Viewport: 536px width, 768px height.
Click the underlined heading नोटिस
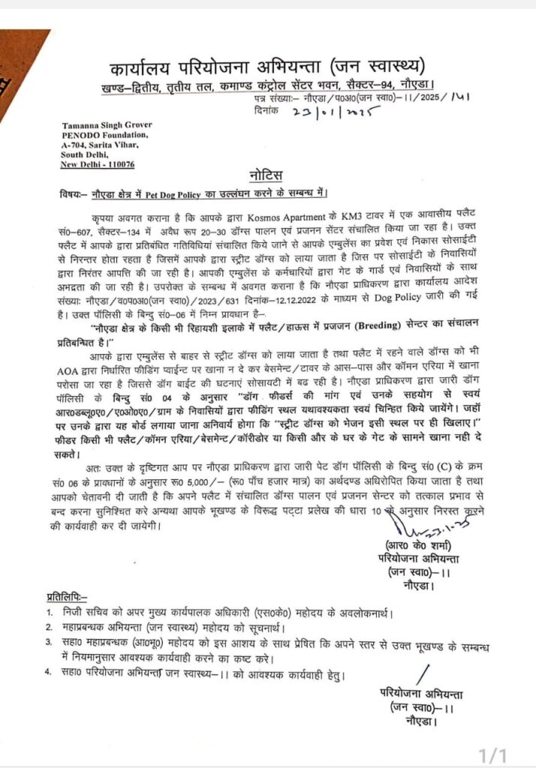click(268, 176)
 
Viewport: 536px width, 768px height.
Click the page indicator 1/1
click(494, 753)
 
